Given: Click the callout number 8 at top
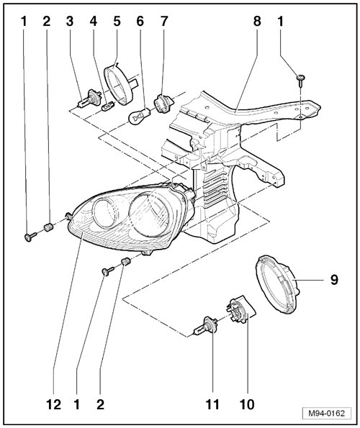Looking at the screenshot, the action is click(257, 22).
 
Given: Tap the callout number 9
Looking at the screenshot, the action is click(334, 280).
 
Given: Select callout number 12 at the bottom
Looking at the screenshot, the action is click(53, 404).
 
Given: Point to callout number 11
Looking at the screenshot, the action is click(212, 404).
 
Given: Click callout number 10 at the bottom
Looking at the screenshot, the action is click(247, 404).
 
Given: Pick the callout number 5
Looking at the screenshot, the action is click(117, 22).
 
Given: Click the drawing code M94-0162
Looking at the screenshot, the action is click(326, 414).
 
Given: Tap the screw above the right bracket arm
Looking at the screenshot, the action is click(300, 81).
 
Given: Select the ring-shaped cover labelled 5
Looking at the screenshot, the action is click(119, 85).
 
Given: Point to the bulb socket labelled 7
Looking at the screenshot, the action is click(162, 103).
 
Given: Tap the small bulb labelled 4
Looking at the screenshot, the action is click(107, 106).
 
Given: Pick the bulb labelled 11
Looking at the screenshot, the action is click(205, 325).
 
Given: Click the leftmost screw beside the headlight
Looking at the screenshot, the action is click(30, 237).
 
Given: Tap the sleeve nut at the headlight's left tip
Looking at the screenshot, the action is click(48, 227).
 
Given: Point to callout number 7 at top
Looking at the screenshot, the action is click(163, 22).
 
